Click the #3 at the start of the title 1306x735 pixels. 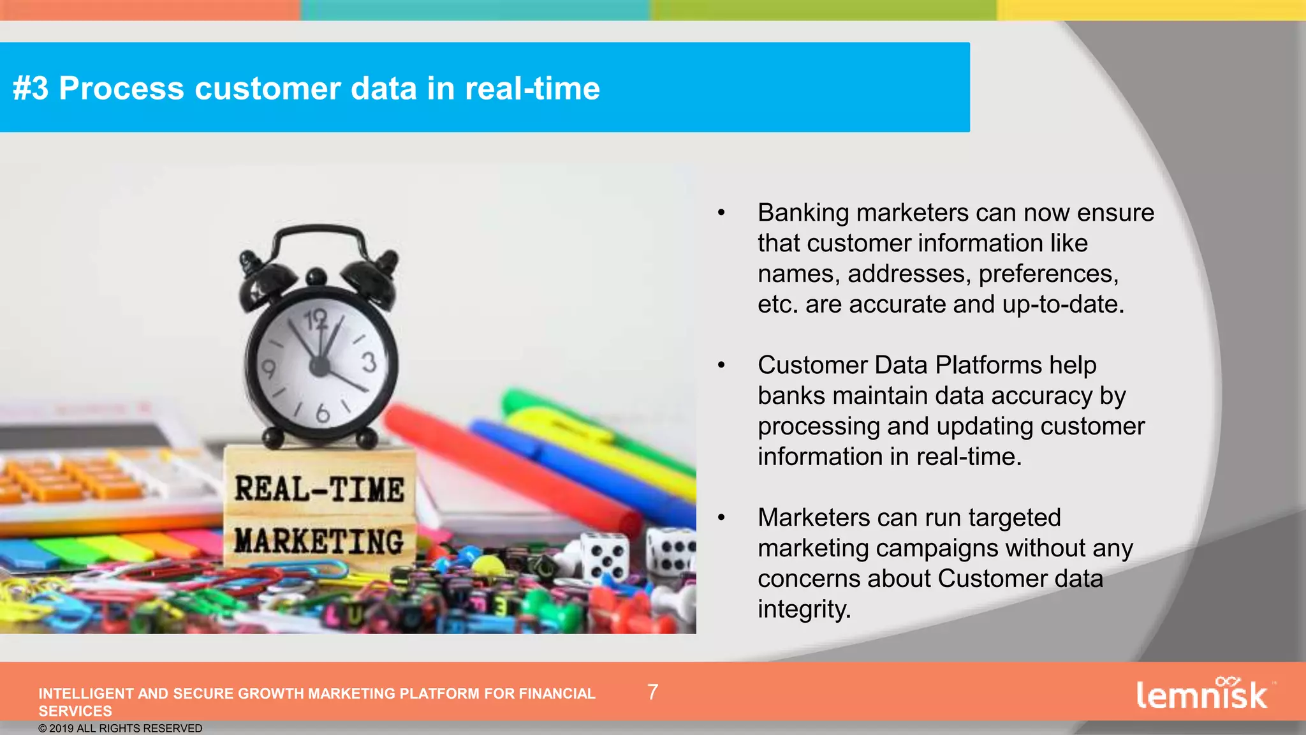click(30, 88)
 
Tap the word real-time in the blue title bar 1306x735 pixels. click(532, 88)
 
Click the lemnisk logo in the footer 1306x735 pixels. click(1202, 694)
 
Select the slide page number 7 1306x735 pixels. click(652, 692)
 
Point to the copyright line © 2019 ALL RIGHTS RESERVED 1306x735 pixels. click(120, 728)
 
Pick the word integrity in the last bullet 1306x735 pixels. click(803, 609)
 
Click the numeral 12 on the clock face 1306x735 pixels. click(316, 318)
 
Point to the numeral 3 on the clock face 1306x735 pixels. click(369, 362)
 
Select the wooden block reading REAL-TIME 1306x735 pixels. click(319, 489)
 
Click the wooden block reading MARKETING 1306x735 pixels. click(319, 541)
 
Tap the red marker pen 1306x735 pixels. click(510, 466)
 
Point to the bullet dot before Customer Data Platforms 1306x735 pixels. click(721, 365)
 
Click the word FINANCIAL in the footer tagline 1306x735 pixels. click(557, 694)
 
